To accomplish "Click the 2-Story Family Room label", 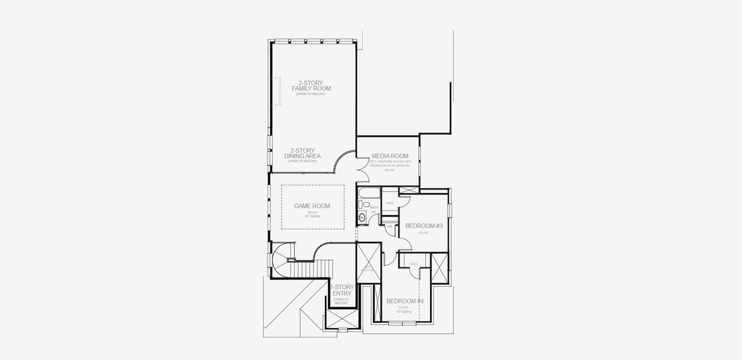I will point(315,85).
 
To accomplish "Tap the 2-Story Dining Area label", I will point(304,154).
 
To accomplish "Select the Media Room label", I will point(389,156).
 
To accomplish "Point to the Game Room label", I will point(312,206).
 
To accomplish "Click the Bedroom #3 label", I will point(423,226).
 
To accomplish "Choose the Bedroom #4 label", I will point(405,301).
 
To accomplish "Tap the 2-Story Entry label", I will point(342,290).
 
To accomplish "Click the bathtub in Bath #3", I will point(369,194).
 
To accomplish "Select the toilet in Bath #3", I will point(362,205).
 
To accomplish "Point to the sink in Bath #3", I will point(362,217).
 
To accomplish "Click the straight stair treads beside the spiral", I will point(325,268).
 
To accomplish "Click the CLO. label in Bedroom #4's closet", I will point(414,264).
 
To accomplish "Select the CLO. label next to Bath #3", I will point(390,203).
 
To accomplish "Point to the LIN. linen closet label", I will point(389,226).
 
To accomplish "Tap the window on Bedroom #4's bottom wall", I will point(396,323).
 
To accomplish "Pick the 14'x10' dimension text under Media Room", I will point(389,170).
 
